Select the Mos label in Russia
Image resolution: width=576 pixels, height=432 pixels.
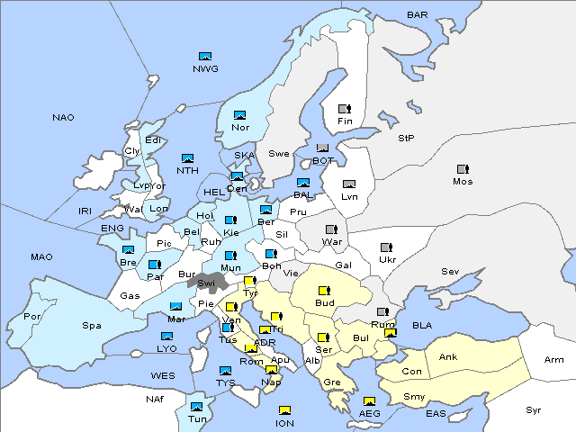pos(463,181)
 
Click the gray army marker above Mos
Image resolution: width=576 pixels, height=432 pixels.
pos(463,168)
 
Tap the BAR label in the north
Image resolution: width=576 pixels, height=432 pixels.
pos(418,15)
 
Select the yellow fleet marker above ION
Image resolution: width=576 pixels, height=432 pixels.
pos(284,410)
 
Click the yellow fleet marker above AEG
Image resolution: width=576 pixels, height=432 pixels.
pos(369,401)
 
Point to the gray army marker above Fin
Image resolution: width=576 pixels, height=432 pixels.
pos(344,109)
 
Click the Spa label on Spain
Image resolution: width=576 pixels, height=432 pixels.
pos(92,325)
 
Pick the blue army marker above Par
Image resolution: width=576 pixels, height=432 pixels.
pos(154,265)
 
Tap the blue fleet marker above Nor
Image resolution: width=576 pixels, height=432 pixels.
pos(239,114)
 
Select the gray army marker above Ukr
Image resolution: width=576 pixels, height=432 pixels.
pos(386,247)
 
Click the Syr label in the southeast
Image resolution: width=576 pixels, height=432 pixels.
pos(535,409)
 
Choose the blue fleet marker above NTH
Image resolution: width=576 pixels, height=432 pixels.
pos(187,158)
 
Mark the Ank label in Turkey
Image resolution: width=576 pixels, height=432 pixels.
pos(447,357)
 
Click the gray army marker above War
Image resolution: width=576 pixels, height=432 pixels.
pos(330,229)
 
